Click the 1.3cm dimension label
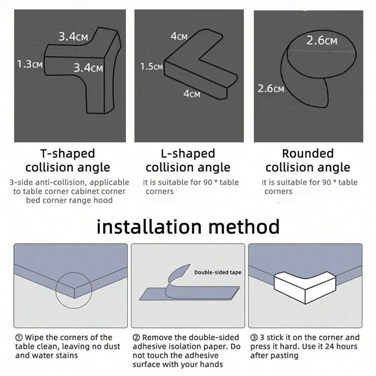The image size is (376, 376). (30, 64)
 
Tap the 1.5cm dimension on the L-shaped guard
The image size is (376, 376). (151, 66)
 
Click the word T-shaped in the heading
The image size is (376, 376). (67, 153)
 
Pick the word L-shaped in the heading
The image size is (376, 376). (188, 153)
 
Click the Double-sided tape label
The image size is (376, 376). (217, 272)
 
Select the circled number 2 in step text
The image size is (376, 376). (136, 337)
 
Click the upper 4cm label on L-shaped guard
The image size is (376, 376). (179, 36)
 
